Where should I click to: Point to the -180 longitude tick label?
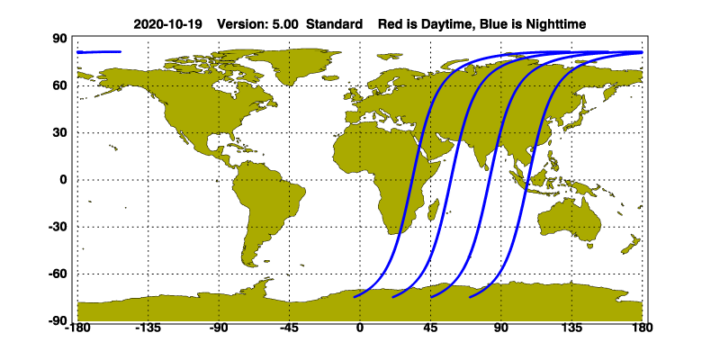(x=77, y=329)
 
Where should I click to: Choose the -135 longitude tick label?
(x=148, y=329)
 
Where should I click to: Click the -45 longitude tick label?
(x=289, y=329)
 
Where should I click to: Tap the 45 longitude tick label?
(x=430, y=329)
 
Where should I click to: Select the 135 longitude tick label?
(x=571, y=329)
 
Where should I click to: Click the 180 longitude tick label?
(x=642, y=329)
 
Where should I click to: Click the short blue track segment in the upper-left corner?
(x=99, y=52)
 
